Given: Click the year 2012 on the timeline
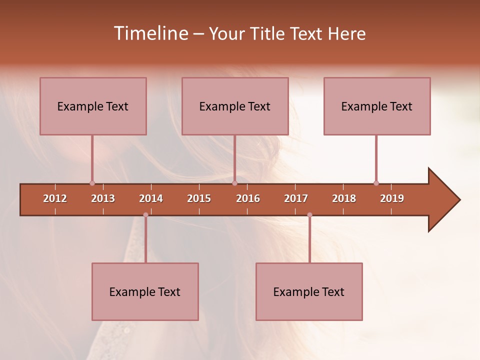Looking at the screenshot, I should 55,198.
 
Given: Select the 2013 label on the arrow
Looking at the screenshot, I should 103,198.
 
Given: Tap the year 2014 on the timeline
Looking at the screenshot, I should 151,198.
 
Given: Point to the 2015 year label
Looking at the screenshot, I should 199,198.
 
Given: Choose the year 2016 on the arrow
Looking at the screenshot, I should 248,198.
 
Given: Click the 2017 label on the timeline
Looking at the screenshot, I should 296,198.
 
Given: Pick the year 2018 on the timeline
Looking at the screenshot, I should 344,198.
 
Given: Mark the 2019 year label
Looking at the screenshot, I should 392,198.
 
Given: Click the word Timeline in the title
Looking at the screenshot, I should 150,33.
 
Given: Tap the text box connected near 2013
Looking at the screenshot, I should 93,106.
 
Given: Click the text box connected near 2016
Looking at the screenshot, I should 235,106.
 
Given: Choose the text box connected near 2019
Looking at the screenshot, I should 377,106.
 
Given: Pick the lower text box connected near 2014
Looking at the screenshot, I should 145,291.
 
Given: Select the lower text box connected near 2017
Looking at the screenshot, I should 309,291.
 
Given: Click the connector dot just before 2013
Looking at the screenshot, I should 92,183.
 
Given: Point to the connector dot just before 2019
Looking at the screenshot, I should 376,183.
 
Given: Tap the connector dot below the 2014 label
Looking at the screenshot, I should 145,215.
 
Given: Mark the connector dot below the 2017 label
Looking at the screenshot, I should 309,215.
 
